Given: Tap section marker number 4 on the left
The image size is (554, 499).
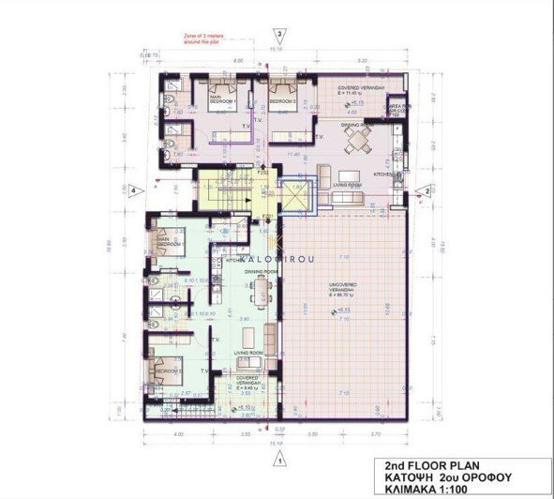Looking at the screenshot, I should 135,190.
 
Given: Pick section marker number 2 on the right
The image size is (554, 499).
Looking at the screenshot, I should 427,190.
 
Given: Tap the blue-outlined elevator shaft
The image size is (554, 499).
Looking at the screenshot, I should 293,199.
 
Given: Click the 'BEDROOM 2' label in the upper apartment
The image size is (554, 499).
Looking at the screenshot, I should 282,101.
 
